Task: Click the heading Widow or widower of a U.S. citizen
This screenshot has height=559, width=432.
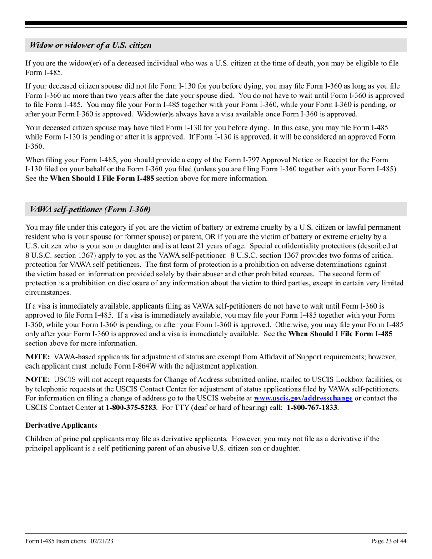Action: [x=90, y=45]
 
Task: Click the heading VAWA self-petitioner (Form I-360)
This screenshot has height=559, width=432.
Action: [x=90, y=210]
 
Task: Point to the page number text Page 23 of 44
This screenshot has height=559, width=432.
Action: [x=389, y=541]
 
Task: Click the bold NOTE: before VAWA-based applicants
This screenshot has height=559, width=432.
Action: [x=38, y=357]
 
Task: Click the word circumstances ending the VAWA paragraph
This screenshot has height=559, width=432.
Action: [x=47, y=293]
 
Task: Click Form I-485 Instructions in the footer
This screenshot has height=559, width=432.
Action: [x=55, y=541]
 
